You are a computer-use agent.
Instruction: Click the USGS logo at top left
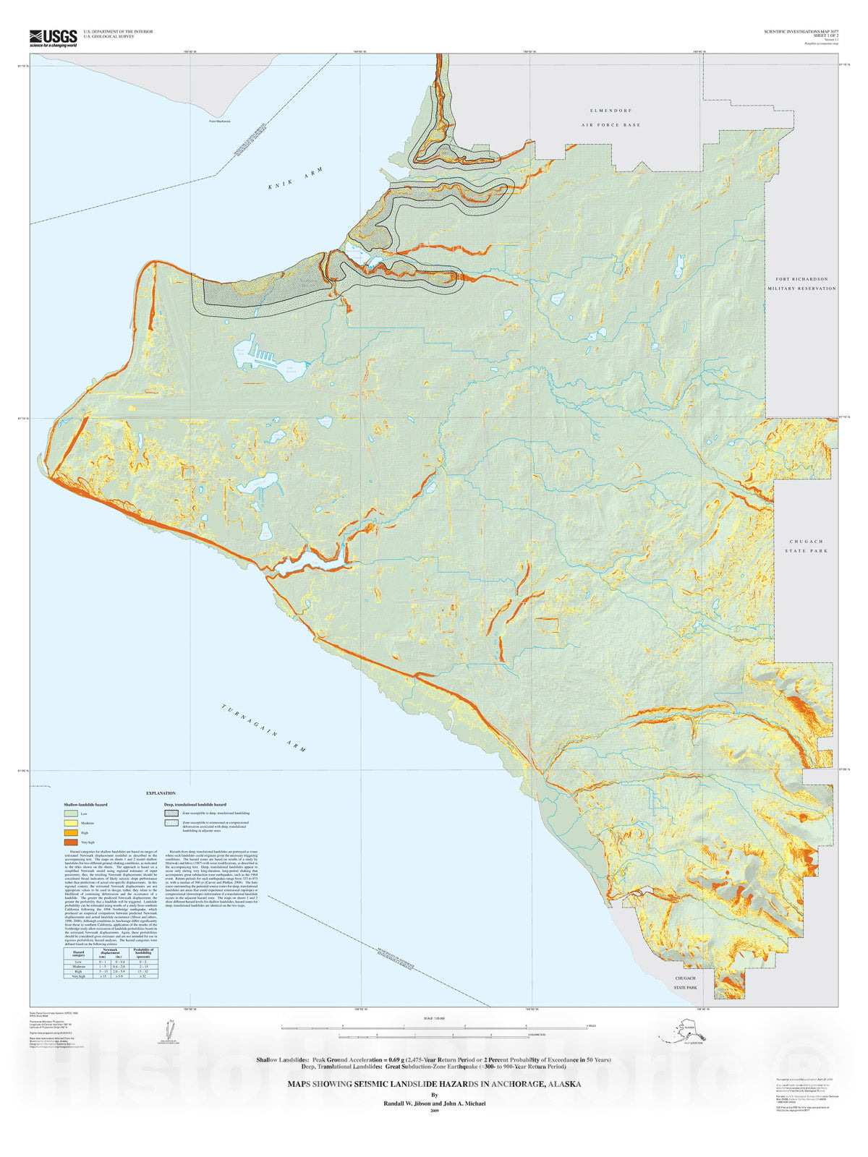pos(53,37)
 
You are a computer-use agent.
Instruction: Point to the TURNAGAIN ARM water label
pos(263,727)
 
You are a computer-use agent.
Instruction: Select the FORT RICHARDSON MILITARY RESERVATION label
pos(801,283)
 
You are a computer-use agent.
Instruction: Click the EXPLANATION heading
pos(161,793)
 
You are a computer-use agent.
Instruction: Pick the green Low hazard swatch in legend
pos(71,814)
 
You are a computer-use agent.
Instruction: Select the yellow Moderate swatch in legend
pos(71,823)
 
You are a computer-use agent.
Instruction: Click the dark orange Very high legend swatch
pos(71,842)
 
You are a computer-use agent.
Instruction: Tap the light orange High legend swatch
pos(71,832)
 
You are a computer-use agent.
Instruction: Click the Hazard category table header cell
pos(79,952)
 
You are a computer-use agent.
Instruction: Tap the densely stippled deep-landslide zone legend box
pos(171,813)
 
